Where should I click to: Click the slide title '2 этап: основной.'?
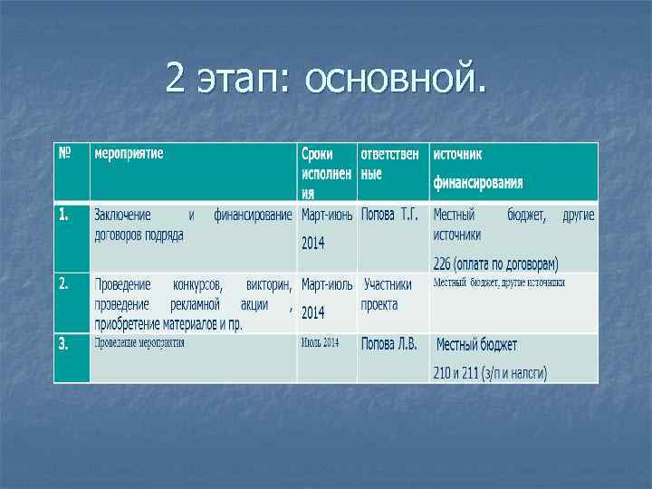tap(325, 80)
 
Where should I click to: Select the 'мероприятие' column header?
tap(129, 154)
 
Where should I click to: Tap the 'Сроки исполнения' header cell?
tap(326, 171)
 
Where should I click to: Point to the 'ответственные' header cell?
tap(389, 163)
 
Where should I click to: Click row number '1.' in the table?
tap(64, 215)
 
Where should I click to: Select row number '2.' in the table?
tap(64, 283)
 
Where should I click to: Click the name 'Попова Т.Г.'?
tap(389, 216)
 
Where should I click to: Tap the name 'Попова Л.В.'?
tap(389, 344)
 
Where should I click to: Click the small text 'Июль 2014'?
tap(321, 342)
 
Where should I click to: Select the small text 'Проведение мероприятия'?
tap(140, 342)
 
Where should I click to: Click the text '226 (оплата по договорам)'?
tap(495, 264)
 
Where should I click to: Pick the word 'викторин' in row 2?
tap(269, 284)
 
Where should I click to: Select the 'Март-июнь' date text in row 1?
tap(327, 216)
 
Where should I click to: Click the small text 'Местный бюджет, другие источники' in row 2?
tap(499, 283)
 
